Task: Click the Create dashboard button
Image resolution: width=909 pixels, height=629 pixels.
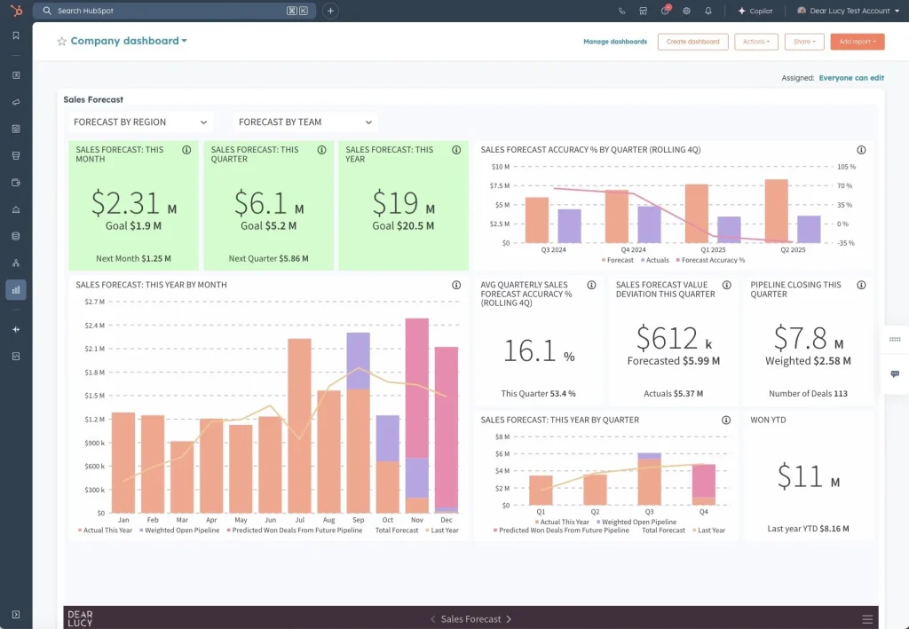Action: point(692,42)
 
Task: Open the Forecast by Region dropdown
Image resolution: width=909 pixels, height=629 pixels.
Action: point(140,122)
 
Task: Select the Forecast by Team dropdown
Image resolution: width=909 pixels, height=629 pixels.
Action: point(305,122)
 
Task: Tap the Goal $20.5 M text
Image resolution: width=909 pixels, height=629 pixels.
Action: point(403,226)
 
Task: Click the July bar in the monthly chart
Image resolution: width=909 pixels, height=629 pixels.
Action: point(299,426)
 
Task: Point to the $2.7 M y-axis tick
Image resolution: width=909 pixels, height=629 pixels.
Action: point(95,302)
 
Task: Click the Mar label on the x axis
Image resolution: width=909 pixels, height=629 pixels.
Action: point(182,520)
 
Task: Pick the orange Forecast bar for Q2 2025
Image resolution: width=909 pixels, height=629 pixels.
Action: point(776,211)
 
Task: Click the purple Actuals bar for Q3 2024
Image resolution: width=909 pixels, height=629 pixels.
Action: point(569,225)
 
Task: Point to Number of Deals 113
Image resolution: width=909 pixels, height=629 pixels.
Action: point(808,393)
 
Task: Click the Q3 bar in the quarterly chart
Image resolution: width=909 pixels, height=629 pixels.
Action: point(649,482)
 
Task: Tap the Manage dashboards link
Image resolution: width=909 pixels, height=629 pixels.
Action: point(615,42)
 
